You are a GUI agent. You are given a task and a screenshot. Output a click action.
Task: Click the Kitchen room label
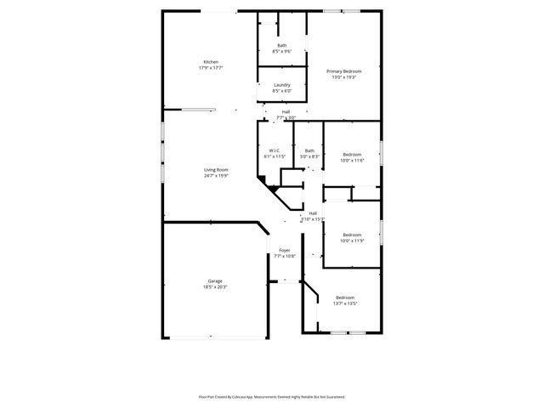[x=211, y=62]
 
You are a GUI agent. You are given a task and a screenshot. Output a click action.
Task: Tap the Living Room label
[x=216, y=170]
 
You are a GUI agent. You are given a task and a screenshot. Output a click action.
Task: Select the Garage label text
[x=215, y=280]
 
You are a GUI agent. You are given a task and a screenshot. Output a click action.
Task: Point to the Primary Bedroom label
[x=345, y=71]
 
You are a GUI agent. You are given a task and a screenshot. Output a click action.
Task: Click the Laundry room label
[x=282, y=85]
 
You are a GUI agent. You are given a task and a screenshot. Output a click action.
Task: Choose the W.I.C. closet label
[x=274, y=150]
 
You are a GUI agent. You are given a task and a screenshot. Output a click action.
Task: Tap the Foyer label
[x=285, y=250]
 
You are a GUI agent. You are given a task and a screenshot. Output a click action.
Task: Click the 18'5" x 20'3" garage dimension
[x=215, y=287]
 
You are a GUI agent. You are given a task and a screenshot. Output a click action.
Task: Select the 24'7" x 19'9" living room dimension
[x=216, y=176]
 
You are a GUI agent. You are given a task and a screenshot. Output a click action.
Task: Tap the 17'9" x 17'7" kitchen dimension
[x=211, y=68]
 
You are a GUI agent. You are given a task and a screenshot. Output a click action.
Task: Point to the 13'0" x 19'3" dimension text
[x=345, y=77]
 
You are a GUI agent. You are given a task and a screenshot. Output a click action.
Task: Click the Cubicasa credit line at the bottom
[x=272, y=396]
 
